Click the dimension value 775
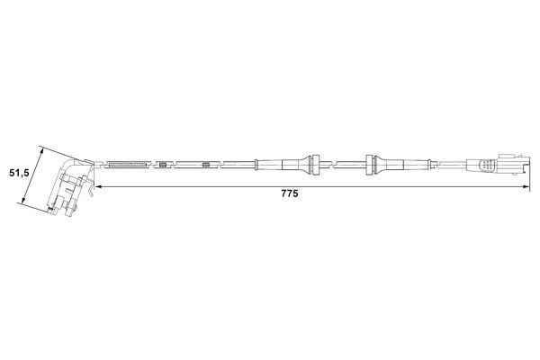pos(288,193)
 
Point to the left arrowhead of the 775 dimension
pos(96,186)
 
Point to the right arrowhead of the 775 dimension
pos(524,186)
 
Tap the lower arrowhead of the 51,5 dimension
pos(23,206)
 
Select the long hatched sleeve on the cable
pos(126,165)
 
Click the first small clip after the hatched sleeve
pos(161,165)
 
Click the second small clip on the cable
pos(206,165)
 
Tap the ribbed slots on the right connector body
pos(486,165)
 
